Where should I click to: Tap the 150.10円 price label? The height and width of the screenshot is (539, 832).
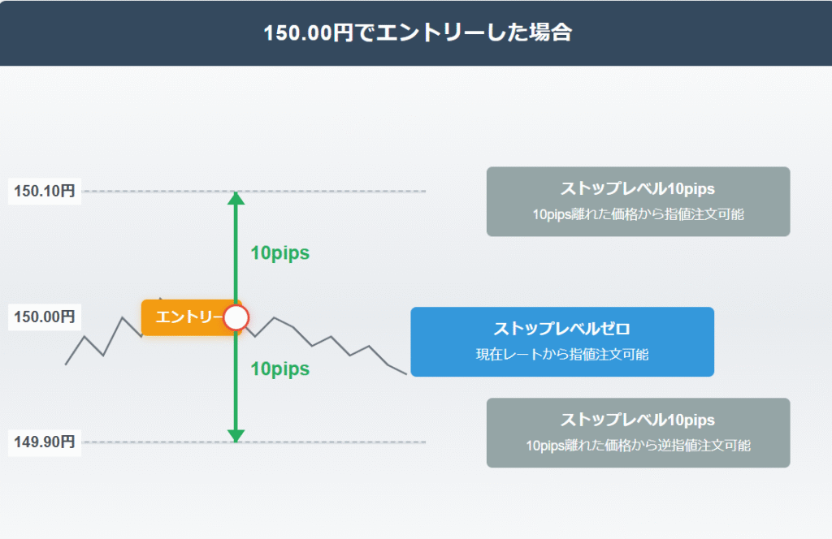point(45,192)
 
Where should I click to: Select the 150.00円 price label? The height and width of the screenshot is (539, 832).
point(45,317)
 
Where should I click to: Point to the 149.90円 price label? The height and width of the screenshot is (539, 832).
point(45,442)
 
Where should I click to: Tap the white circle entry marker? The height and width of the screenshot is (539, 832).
point(236,317)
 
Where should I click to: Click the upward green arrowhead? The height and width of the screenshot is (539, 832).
point(236,197)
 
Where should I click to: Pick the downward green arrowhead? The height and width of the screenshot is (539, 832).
point(236,437)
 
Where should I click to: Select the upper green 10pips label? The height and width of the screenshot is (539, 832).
point(279,253)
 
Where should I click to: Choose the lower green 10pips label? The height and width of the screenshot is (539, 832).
point(279,369)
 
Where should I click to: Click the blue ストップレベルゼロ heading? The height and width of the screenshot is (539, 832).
point(562,329)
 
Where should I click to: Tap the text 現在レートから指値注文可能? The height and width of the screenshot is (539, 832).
point(562,355)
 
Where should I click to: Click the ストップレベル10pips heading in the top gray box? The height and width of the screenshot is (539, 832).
point(638,189)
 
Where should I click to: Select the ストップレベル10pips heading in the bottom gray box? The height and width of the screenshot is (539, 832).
point(638,420)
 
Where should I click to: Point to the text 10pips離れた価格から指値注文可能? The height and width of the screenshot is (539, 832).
point(638,215)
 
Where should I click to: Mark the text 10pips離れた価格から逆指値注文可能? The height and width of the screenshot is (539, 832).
point(638,446)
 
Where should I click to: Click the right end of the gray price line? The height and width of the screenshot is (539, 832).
point(405,373)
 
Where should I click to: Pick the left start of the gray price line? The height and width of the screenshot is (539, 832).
point(67,364)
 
